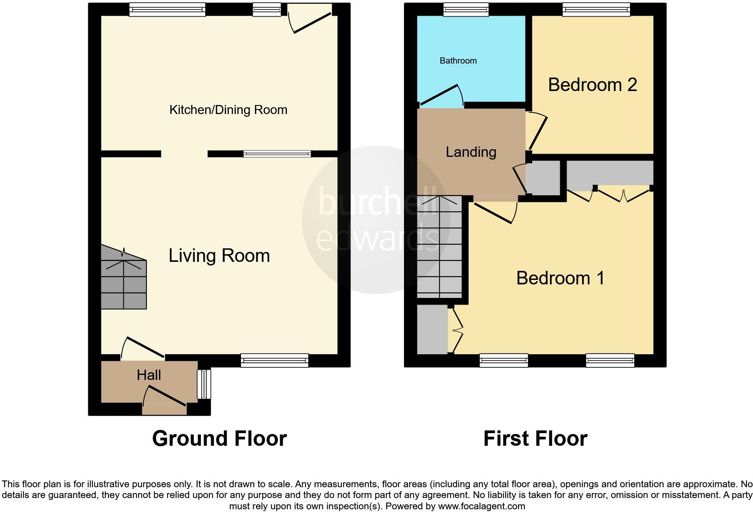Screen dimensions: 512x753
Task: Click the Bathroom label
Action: coord(458,60)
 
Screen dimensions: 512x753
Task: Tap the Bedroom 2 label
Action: coord(592,85)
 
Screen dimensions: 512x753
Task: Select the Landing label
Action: coord(471,152)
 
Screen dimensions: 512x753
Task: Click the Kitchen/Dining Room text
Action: coord(228,110)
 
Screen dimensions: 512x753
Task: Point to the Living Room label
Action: coord(219,256)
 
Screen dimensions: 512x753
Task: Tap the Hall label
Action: coord(149,375)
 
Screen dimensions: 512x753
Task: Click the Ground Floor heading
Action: coord(219,439)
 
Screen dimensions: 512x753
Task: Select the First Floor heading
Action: coord(535,439)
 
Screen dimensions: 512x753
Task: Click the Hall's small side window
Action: coord(204,384)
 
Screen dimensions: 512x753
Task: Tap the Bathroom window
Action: coord(466,9)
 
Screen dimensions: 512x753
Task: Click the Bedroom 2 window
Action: coord(596,9)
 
